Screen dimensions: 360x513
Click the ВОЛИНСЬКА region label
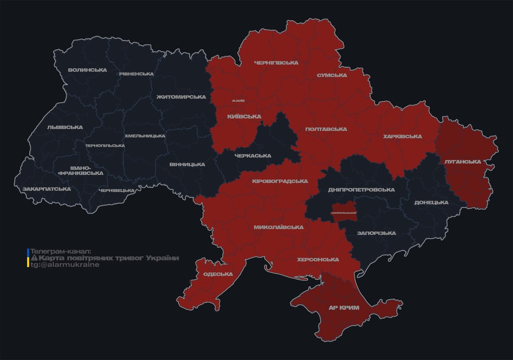tap(87, 70)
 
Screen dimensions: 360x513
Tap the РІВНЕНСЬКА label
tap(136, 74)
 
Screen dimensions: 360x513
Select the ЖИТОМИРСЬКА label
tap(181, 97)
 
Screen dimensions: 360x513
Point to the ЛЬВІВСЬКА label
tap(65, 127)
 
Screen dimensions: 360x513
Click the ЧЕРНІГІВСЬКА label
tap(276, 63)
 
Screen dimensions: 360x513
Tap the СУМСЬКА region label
tap(332, 75)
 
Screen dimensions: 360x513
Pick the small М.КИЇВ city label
tap(238, 101)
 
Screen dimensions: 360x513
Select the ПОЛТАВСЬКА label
tap(326, 129)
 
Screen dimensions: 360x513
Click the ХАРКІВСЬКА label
tap(402, 137)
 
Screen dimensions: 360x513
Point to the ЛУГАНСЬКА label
tap(462, 162)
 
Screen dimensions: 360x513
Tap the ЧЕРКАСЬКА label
tap(253, 156)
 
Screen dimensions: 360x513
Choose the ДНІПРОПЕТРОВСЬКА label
tap(361, 190)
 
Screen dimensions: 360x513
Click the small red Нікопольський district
tap(344, 211)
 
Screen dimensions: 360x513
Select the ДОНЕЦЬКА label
tap(431, 203)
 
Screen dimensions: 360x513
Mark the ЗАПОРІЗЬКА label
tap(376, 233)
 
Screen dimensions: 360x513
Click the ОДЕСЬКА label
tap(218, 274)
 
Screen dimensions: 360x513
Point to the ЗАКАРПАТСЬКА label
tap(47, 189)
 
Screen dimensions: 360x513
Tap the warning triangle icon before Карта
tap(34, 258)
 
